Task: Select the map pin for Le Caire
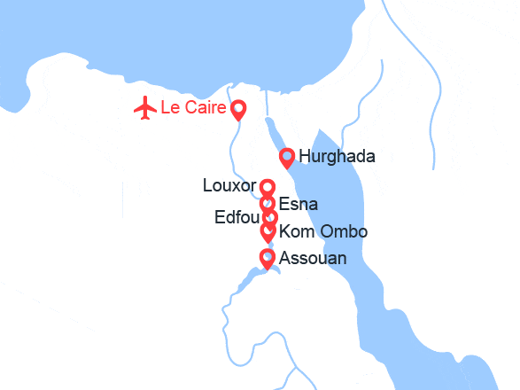point(238,110)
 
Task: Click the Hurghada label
point(337,157)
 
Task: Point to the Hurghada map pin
point(287,158)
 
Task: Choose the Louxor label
point(229,187)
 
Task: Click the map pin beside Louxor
point(268,187)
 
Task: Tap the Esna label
point(298,205)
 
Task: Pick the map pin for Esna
point(268,204)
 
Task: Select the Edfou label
point(237,218)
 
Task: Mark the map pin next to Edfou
point(270,217)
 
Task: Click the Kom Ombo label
point(322,232)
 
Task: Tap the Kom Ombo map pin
point(268,231)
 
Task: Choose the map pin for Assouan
point(267,258)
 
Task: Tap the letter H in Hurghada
point(306,157)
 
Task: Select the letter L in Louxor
point(207,187)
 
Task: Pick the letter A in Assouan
point(284,259)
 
